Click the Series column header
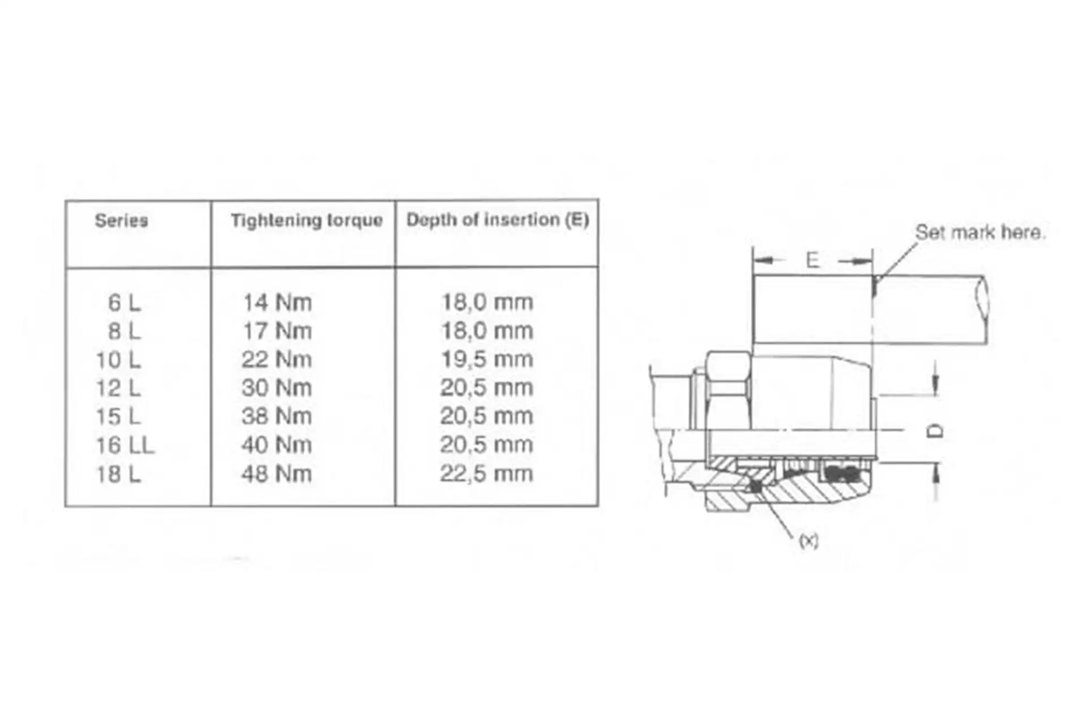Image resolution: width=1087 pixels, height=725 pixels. click(121, 220)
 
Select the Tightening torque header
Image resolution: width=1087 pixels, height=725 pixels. click(306, 220)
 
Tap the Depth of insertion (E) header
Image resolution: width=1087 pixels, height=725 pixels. click(497, 220)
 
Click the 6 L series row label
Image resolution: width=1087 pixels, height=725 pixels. click(124, 303)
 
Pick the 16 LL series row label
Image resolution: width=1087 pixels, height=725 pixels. click(125, 445)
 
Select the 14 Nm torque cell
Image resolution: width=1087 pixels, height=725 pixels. click(277, 302)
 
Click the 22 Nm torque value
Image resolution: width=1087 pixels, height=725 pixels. click(277, 359)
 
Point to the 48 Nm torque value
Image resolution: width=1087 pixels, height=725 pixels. click(277, 474)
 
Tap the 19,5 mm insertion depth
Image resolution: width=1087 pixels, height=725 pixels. click(487, 359)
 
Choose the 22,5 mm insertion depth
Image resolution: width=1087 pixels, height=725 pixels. click(487, 474)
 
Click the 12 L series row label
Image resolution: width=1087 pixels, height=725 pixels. click(118, 388)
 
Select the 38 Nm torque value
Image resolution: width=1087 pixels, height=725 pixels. click(277, 416)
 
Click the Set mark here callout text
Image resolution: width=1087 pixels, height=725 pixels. click(980, 232)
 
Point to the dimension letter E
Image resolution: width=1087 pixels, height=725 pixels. click(812, 260)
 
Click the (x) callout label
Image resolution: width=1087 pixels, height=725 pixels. click(808, 541)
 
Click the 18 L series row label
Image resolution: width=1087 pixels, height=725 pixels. click(118, 474)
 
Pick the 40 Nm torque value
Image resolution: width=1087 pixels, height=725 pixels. click(277, 445)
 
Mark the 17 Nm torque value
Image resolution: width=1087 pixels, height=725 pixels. click(277, 331)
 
